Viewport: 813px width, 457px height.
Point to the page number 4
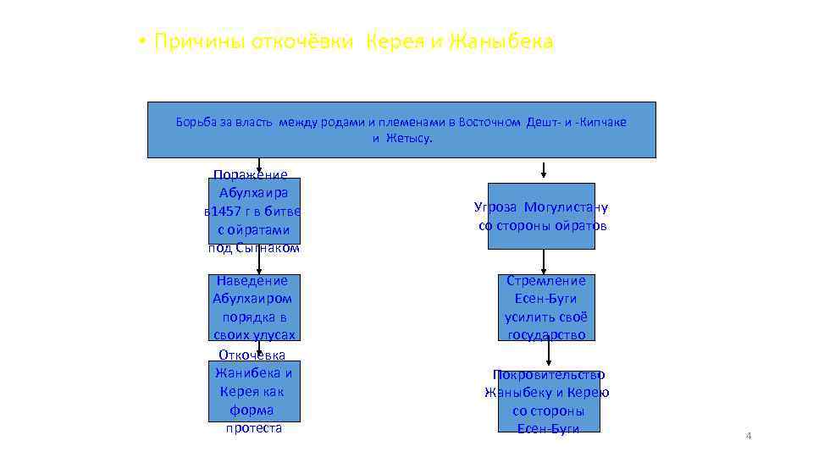tap(748, 436)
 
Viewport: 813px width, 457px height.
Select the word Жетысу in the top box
tap(409, 138)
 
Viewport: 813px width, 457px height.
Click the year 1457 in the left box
tap(227, 212)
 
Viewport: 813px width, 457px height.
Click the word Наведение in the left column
tap(252, 281)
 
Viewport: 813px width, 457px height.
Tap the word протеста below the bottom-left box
tap(254, 428)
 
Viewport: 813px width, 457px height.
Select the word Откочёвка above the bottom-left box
tap(252, 355)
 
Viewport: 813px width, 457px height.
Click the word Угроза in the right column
tap(496, 207)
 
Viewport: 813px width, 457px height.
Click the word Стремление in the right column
tap(546, 281)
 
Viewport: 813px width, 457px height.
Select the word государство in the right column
tap(546, 335)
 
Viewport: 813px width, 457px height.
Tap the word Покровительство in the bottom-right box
tap(549, 374)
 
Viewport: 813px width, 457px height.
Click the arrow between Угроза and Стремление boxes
tap(544, 262)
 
